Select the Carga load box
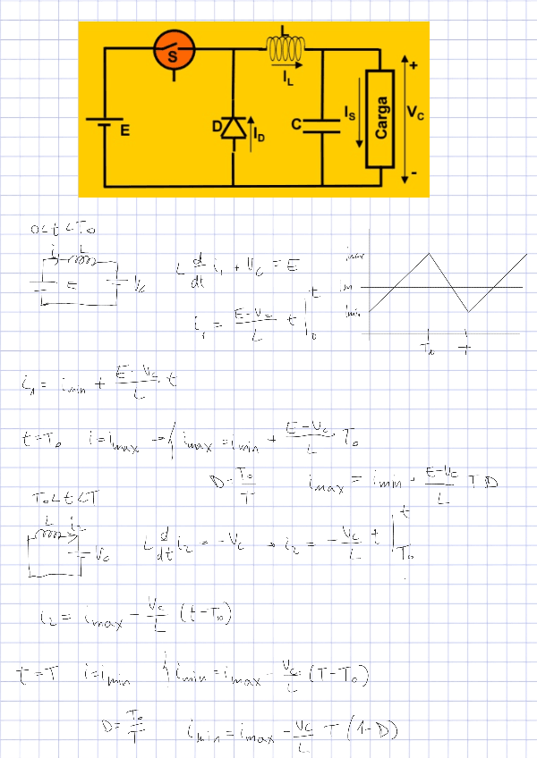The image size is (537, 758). click(x=380, y=118)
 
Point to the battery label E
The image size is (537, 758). click(x=125, y=131)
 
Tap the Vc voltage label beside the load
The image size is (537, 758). click(x=415, y=113)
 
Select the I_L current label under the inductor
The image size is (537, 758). click(x=287, y=80)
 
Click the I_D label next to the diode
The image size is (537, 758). click(x=259, y=137)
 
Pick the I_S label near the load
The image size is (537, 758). click(x=349, y=114)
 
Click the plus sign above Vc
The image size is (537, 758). click(x=413, y=65)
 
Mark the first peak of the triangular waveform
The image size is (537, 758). click(x=432, y=254)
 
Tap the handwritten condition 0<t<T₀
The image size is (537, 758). click(x=62, y=231)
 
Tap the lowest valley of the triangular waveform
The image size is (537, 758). click(x=467, y=311)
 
